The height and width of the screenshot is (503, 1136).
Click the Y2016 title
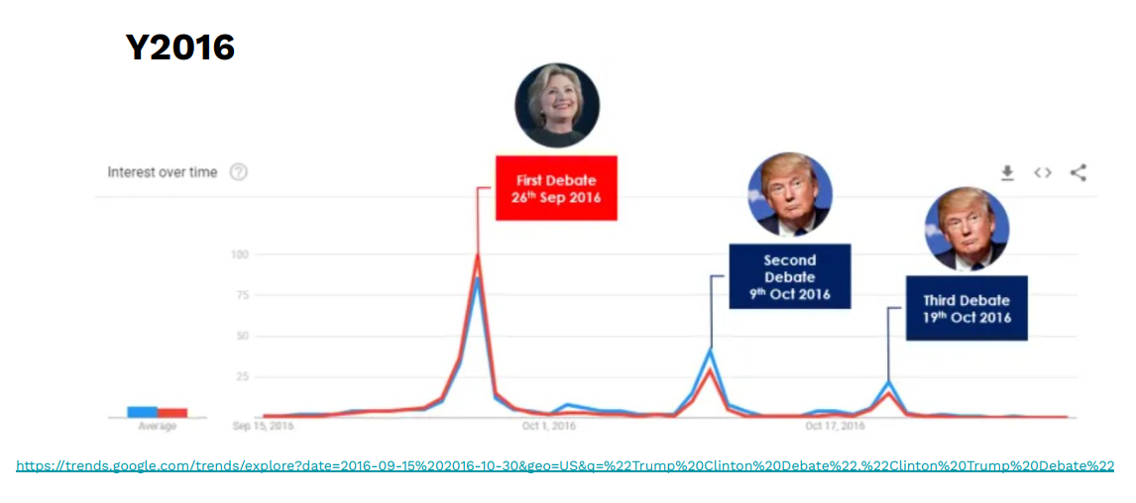(x=179, y=47)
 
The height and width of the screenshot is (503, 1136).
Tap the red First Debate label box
(x=556, y=187)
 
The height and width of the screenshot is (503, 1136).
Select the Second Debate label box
(x=789, y=276)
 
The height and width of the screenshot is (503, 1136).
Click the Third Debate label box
(x=966, y=308)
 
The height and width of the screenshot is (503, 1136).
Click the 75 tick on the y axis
(x=241, y=295)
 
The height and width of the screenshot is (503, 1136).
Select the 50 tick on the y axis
(x=241, y=336)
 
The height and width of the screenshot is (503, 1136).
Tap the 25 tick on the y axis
(x=241, y=376)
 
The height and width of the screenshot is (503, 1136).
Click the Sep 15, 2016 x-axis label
(x=264, y=426)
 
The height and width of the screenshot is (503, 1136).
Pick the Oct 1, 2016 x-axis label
(x=548, y=426)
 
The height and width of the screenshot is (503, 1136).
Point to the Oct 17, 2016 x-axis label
(x=835, y=426)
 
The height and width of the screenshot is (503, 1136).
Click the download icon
(x=1007, y=173)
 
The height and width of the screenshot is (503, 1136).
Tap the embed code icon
(x=1042, y=173)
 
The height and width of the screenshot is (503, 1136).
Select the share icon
(x=1079, y=173)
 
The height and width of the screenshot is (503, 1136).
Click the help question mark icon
(x=238, y=172)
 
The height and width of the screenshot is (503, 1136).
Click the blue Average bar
(x=142, y=412)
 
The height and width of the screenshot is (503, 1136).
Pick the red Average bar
(x=172, y=413)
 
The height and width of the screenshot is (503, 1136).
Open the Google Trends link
(x=565, y=465)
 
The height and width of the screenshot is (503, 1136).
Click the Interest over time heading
(x=162, y=172)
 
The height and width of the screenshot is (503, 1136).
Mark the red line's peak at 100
(x=477, y=255)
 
